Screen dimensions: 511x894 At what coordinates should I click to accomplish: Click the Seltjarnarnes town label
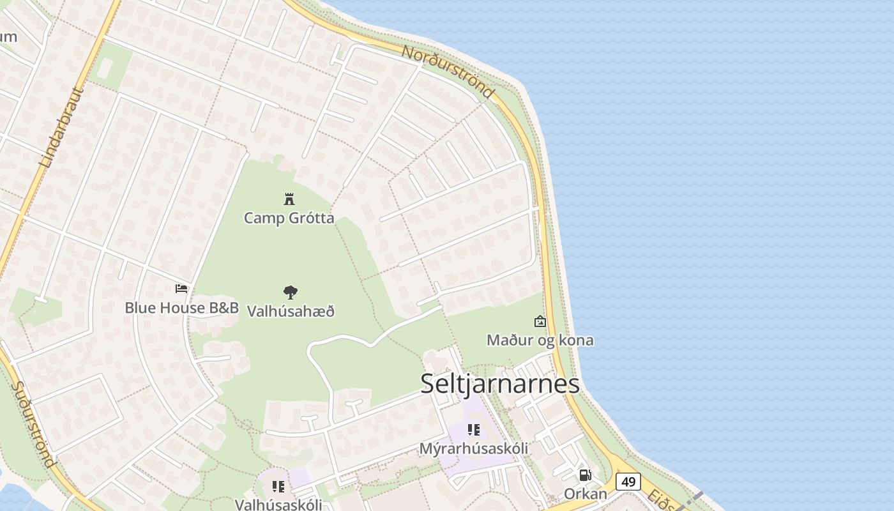point(500,383)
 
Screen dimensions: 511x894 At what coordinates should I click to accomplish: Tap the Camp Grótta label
point(289,218)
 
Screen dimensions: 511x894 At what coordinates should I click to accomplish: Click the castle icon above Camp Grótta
point(289,199)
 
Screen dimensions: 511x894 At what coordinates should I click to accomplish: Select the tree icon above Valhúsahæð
point(291,293)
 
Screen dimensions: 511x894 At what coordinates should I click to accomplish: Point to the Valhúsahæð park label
point(291,312)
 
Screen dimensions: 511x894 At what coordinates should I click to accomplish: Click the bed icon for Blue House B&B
point(181,289)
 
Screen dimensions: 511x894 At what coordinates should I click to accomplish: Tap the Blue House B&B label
point(181,308)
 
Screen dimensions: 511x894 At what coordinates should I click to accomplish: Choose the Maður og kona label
point(540,340)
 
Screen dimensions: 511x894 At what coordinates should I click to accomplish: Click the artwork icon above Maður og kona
point(540,321)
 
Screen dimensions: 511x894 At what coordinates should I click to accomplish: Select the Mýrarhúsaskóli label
point(473,448)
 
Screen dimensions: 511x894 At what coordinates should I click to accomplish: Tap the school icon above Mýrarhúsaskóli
point(473,430)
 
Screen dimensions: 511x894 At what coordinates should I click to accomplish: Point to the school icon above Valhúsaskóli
point(278,487)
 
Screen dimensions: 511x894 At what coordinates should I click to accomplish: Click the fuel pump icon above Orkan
point(585,475)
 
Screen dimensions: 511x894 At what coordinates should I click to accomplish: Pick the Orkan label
point(585,494)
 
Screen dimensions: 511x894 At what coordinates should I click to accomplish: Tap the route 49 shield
point(628,482)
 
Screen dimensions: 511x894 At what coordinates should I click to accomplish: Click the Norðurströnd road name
point(448,71)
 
